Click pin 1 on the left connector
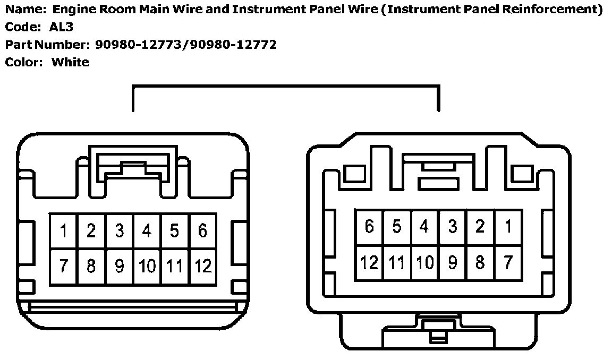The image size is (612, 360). point(64,232)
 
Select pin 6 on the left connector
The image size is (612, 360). point(202,232)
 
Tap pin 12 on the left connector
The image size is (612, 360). point(202,265)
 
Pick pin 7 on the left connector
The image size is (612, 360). point(64,265)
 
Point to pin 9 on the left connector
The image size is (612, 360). point(120,265)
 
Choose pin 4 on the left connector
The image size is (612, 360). point(147,232)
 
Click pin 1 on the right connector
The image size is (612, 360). point(508,227)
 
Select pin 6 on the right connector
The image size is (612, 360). point(369,227)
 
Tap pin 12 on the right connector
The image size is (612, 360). point(369,262)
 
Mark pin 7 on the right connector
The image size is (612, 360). point(508,262)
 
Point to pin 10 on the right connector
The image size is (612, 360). point(424,262)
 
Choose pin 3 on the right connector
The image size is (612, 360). point(452,227)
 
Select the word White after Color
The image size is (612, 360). point(70,62)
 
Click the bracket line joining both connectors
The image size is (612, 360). point(285,86)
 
